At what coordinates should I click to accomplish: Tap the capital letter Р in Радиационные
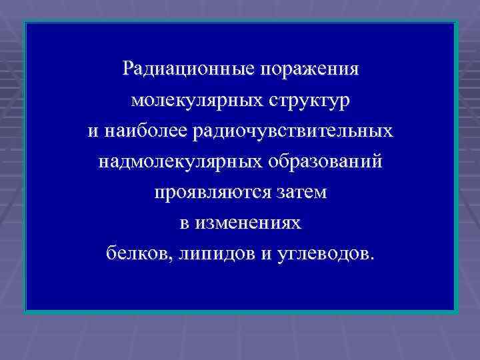pos(129,69)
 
